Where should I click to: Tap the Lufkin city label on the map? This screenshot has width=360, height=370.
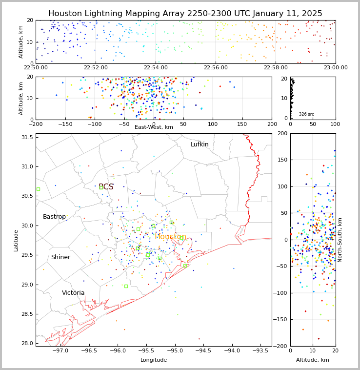(x=200, y=144)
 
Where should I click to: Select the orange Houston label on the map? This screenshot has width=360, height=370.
(x=170, y=237)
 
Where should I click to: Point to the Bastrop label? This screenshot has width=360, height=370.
(x=54, y=217)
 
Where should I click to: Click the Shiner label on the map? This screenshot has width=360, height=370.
(x=60, y=257)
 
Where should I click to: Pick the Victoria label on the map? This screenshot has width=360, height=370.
(x=73, y=293)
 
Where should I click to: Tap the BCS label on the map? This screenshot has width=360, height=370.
(x=106, y=187)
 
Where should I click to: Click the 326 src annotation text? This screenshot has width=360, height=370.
(x=306, y=114)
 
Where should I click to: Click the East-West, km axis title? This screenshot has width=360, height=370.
(x=154, y=127)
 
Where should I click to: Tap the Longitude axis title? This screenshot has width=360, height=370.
(x=154, y=360)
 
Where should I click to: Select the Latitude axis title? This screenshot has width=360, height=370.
(x=16, y=240)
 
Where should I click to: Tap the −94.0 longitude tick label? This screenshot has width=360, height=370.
(x=232, y=350)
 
